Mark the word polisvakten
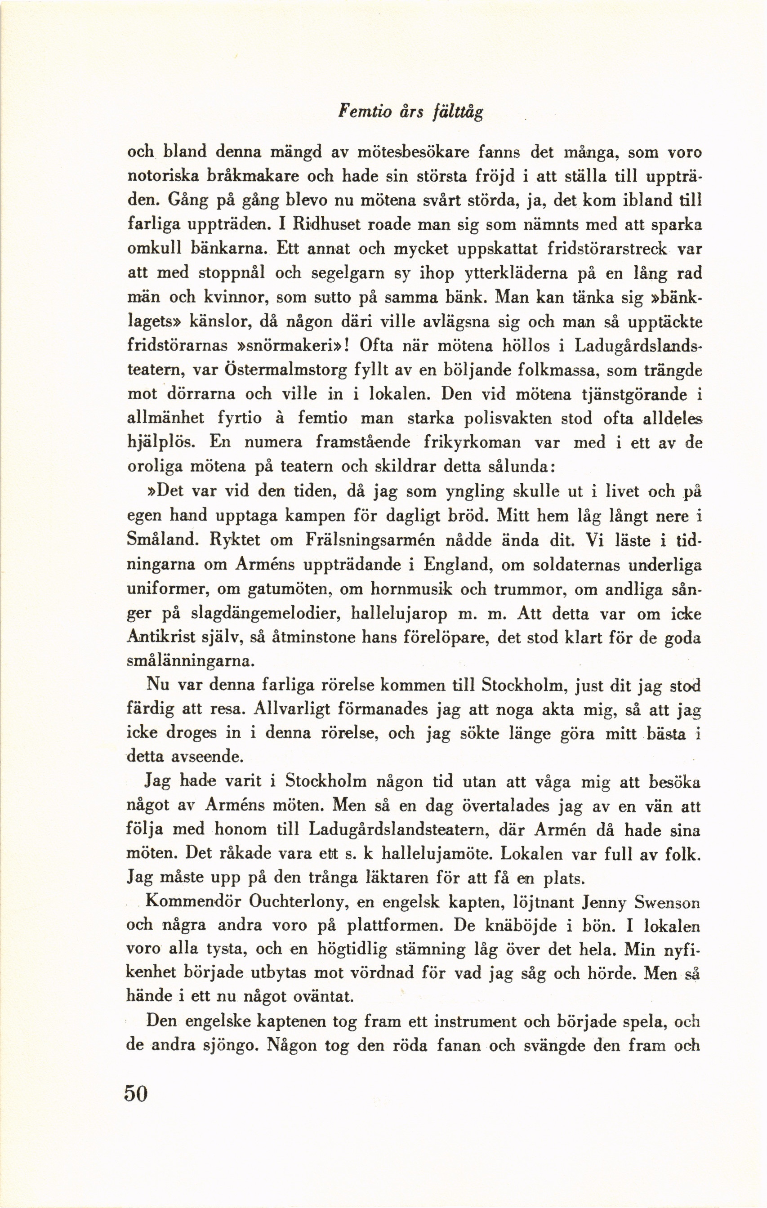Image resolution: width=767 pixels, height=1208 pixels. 507,419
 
